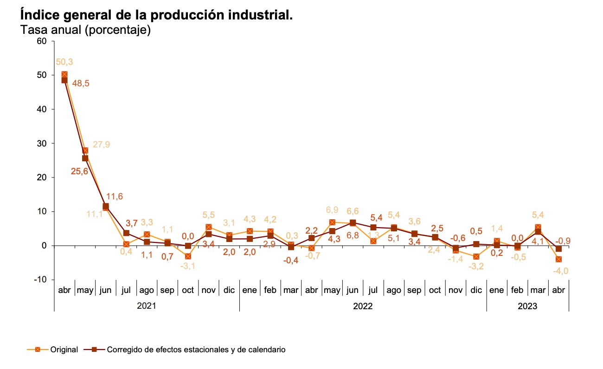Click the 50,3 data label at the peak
click(64, 62)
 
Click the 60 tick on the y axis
click(42, 41)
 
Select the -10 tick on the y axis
click(40, 280)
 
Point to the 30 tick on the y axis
click(42, 143)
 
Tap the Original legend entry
click(64, 350)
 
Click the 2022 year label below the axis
click(363, 306)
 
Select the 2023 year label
click(527, 306)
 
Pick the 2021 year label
click(147, 306)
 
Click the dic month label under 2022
click(476, 290)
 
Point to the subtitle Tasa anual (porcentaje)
click(86, 30)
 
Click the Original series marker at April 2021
click(64, 75)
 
